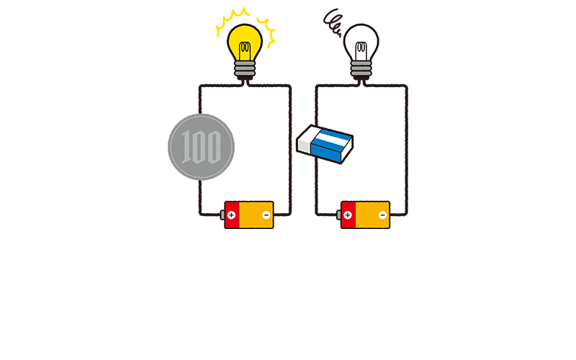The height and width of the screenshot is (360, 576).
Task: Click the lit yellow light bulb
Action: (245, 51)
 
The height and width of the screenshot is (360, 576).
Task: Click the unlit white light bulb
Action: (361, 51)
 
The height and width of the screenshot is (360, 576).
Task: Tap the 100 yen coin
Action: (202, 147)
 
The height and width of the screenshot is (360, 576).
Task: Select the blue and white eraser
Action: (325, 144)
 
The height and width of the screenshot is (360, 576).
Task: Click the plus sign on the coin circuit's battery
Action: (231, 215)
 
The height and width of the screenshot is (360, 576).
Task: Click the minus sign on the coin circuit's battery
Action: (266, 215)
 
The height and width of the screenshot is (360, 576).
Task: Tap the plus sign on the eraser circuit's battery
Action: (348, 215)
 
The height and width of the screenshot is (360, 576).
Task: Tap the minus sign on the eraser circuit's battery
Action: (383, 215)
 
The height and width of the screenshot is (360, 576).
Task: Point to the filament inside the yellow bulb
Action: (245, 50)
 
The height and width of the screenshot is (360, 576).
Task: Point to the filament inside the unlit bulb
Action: (361, 50)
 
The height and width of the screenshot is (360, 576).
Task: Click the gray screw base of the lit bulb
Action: (245, 70)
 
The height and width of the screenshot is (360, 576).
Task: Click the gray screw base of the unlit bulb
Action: (361, 70)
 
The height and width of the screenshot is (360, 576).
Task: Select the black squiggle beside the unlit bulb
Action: (332, 23)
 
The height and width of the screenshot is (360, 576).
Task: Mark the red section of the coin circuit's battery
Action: (232, 215)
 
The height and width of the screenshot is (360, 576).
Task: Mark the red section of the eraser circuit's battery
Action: (348, 215)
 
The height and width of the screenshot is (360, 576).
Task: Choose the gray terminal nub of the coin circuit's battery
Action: (222, 215)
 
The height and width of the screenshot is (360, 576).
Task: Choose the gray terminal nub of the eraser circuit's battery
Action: (338, 215)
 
